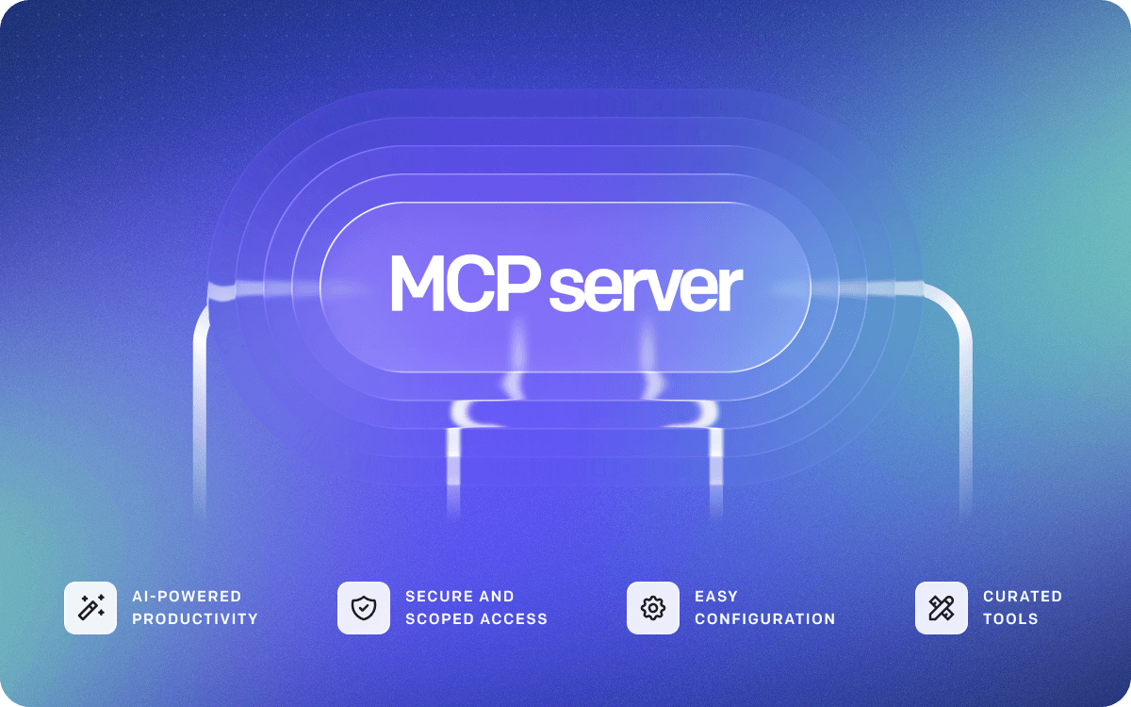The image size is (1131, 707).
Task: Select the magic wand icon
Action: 90,608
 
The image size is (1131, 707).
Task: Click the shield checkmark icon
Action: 363,608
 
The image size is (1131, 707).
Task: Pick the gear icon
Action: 652,608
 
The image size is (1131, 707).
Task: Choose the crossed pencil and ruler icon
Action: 941,608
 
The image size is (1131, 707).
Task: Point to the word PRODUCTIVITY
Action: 194,619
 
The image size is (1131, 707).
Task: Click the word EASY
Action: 716,597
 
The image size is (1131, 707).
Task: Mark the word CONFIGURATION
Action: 764,619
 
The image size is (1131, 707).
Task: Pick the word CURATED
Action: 1022,597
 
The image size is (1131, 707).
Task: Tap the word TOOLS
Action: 1010,619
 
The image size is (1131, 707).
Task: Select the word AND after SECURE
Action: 499,597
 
